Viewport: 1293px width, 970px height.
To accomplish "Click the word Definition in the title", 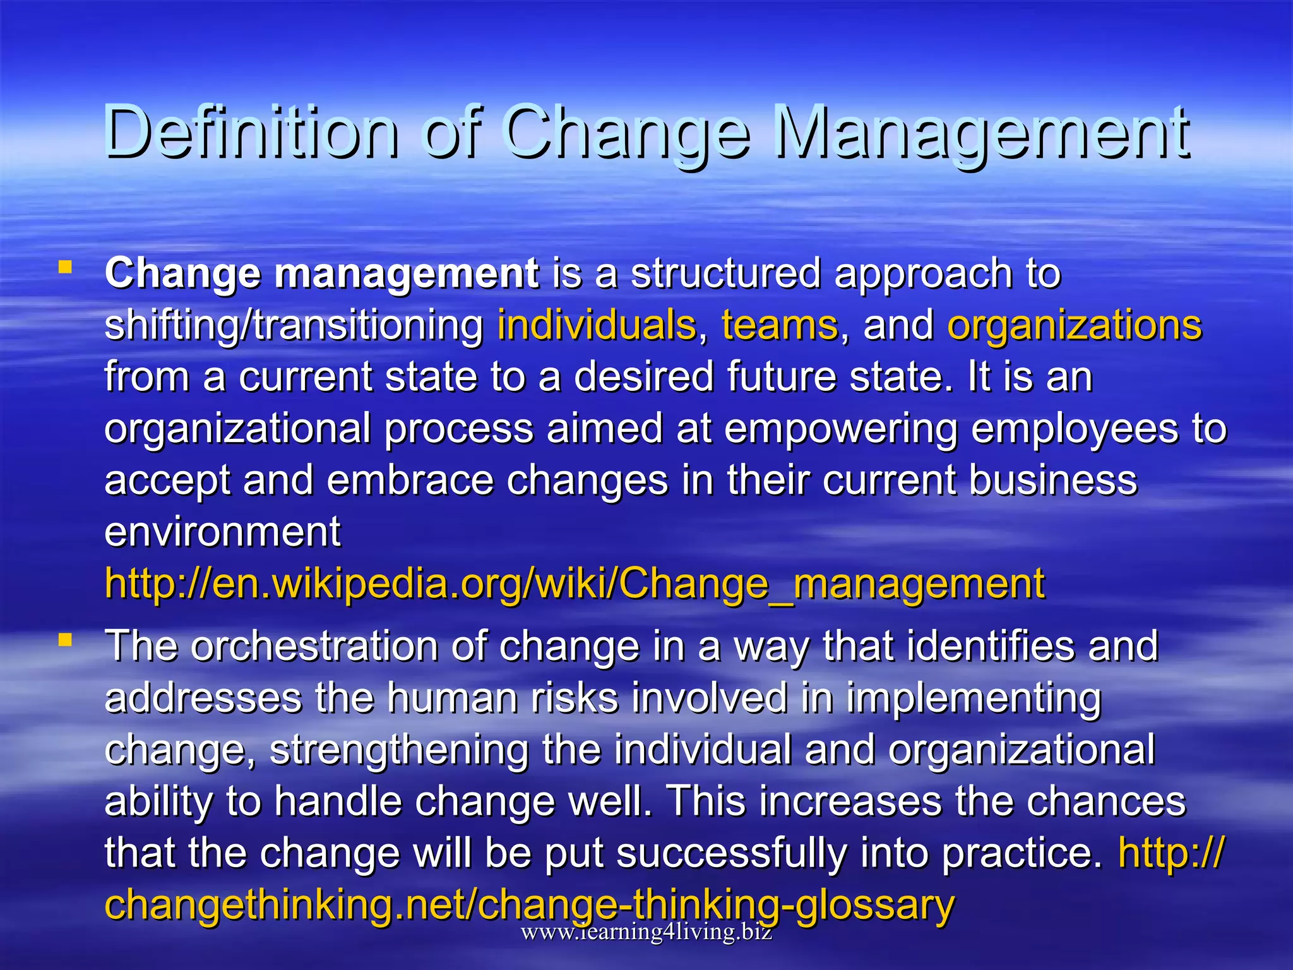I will [x=251, y=133].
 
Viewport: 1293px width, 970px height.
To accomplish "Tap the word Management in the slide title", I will [x=981, y=133].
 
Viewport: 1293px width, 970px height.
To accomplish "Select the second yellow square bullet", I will [x=64, y=640].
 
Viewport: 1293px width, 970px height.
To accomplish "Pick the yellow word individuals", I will [x=597, y=326].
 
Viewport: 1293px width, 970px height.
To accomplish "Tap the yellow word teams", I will [x=780, y=326].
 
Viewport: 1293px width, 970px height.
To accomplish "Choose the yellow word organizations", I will [x=1075, y=326].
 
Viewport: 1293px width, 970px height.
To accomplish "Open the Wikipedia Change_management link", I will [x=575, y=584].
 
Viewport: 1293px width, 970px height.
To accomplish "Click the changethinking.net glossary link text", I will [x=529, y=904].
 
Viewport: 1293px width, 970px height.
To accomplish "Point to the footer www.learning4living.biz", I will [x=646, y=932].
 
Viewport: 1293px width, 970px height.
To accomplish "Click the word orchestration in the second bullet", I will [x=314, y=647].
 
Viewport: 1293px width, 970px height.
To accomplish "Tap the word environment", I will [x=222, y=532].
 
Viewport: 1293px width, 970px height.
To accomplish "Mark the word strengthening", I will [x=399, y=750].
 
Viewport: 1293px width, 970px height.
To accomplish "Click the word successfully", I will [x=730, y=854].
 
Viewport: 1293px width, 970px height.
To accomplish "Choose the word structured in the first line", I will [x=725, y=274].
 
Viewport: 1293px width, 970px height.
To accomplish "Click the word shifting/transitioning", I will [x=294, y=326].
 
